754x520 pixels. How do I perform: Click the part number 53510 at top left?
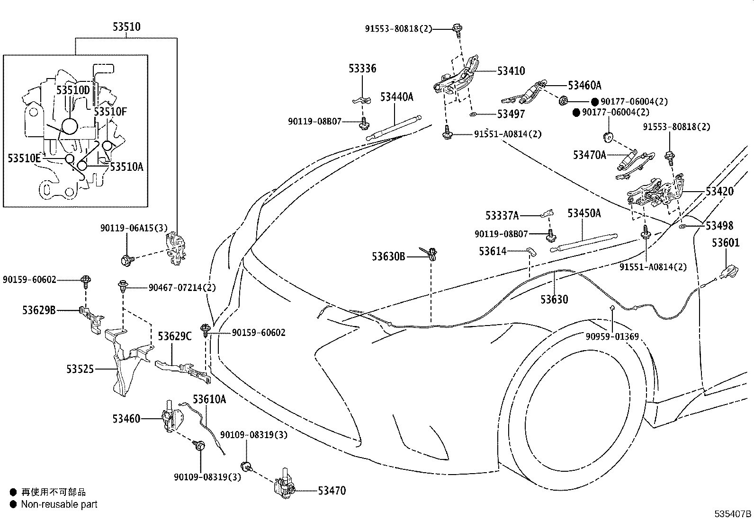[126, 27]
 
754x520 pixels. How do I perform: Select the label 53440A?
[396, 97]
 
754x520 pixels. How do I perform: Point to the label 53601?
[726, 243]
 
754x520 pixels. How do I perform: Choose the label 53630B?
[388, 256]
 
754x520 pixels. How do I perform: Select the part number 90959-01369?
[612, 337]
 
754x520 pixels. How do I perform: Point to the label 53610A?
[209, 399]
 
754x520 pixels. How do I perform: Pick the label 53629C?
[174, 336]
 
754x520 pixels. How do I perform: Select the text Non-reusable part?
[59, 504]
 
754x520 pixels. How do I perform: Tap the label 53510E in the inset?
[24, 158]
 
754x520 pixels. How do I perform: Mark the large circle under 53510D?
[69, 126]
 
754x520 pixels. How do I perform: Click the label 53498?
[719, 226]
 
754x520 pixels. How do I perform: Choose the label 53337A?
[502, 216]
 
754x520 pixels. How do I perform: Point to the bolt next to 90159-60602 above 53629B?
[86, 281]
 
